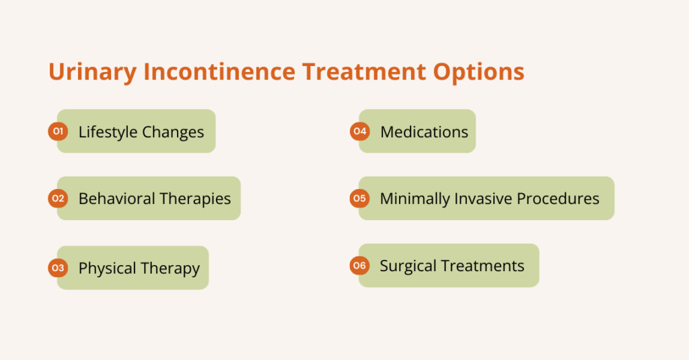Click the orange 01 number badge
pyautogui.click(x=57, y=131)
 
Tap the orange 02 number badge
pyautogui.click(x=57, y=199)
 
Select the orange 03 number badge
pyautogui.click(x=57, y=268)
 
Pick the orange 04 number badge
pyautogui.click(x=359, y=131)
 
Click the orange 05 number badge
pyautogui.click(x=359, y=199)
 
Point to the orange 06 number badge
pyautogui.click(x=359, y=266)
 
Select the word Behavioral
pyautogui.click(x=116, y=199)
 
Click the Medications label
pyautogui.click(x=424, y=132)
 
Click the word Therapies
pyautogui.click(x=195, y=199)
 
